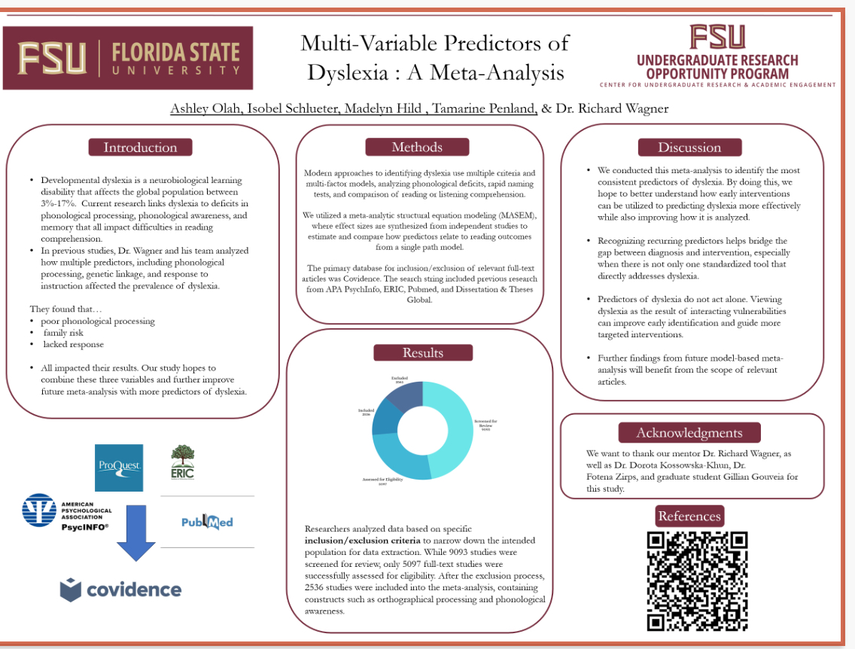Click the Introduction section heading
tap(140, 148)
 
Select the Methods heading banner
tap(417, 147)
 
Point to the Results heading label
tap(423, 352)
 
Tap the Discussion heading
tap(689, 148)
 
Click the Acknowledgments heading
tap(689, 432)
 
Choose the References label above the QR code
tap(689, 516)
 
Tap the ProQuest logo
tap(119, 468)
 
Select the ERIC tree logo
tap(182, 462)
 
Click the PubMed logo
tap(207, 521)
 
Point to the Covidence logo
tap(120, 590)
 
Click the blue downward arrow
tap(136, 533)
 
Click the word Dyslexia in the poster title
tap(349, 72)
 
